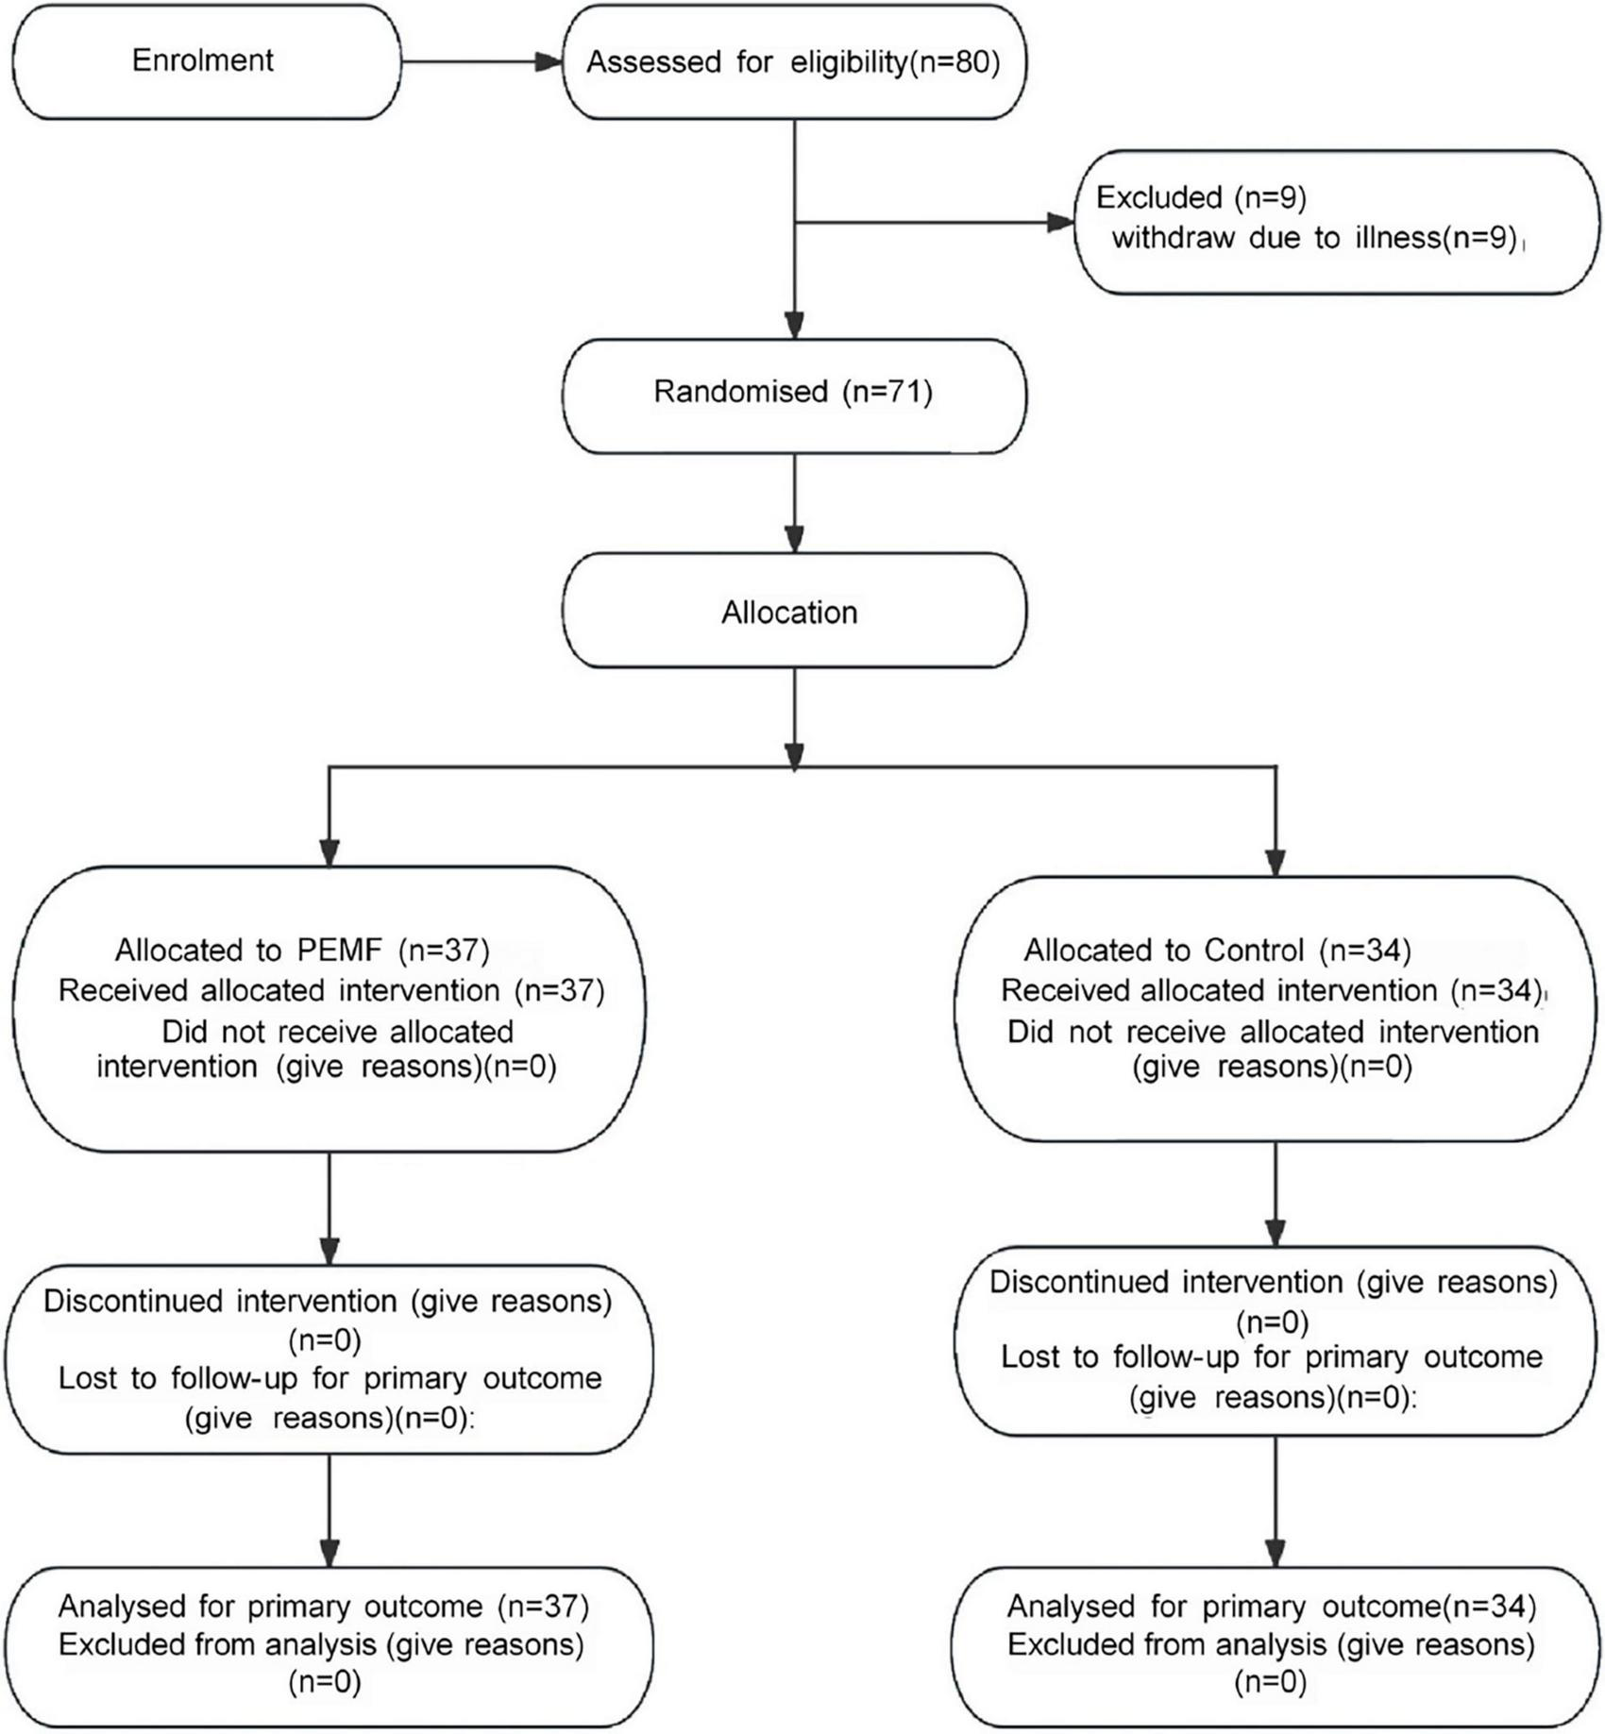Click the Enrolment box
[x=206, y=62]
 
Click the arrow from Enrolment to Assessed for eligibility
[x=481, y=62]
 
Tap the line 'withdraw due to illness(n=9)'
[x=1314, y=238]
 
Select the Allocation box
[x=793, y=613]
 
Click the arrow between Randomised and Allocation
[x=795, y=505]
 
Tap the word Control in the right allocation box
[x=1254, y=950]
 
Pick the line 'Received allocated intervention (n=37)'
[x=330, y=990]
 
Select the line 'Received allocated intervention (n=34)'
[x=1271, y=990]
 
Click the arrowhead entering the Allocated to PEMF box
[x=329, y=851]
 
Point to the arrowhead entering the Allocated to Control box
[x=1276, y=861]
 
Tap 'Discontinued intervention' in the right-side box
[x=1165, y=1282]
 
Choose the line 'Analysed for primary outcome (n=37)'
[x=323, y=1606]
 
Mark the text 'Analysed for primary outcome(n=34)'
[x=1271, y=1606]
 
